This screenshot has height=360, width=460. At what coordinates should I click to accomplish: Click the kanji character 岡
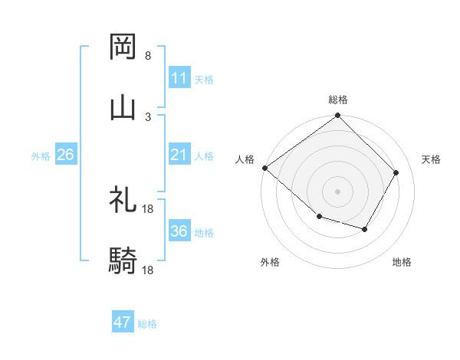point(123,47)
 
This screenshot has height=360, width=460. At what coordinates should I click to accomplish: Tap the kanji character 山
point(123,107)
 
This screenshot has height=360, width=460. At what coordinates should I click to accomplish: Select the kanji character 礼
point(123,201)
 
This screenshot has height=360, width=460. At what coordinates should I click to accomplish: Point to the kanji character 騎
point(123,261)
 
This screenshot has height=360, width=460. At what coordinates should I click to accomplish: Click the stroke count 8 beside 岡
point(148,56)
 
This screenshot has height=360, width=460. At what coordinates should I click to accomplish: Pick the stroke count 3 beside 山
point(148,116)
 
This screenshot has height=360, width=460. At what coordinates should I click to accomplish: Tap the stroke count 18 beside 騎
point(148,270)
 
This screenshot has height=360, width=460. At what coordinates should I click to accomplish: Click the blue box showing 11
point(179,78)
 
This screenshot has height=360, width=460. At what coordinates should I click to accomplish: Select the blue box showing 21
point(179,155)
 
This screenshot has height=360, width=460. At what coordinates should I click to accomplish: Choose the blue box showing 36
point(179,231)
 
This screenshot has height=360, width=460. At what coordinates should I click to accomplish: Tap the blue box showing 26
point(65,155)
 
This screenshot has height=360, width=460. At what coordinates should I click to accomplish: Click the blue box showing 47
point(122,322)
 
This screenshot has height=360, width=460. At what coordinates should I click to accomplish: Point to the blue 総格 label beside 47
point(147,324)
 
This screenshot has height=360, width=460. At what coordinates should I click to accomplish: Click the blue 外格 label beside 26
point(41,155)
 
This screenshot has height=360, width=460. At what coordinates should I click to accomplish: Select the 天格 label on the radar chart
point(431,159)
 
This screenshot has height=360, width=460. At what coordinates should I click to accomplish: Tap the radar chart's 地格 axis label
point(402,262)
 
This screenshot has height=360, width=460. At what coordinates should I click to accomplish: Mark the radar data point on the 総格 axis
point(337,116)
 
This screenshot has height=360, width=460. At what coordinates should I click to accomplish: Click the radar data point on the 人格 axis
point(264,168)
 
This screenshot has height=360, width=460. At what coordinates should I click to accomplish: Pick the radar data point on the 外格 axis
point(319,217)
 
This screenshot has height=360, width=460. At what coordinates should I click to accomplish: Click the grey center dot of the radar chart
point(337,191)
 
